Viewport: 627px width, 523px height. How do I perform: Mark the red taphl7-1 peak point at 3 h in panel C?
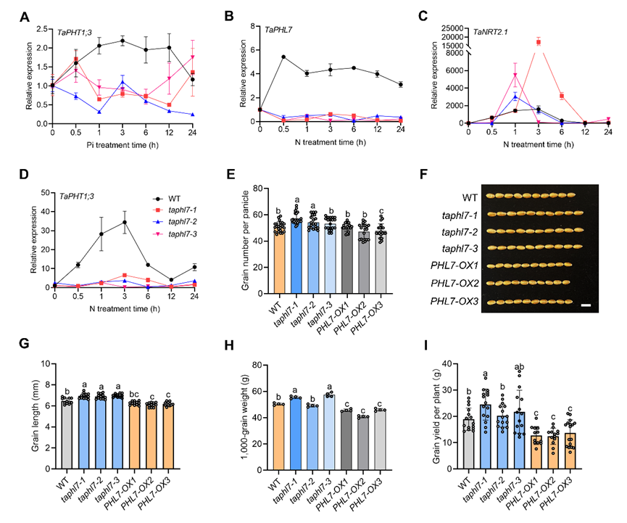click(538, 42)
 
